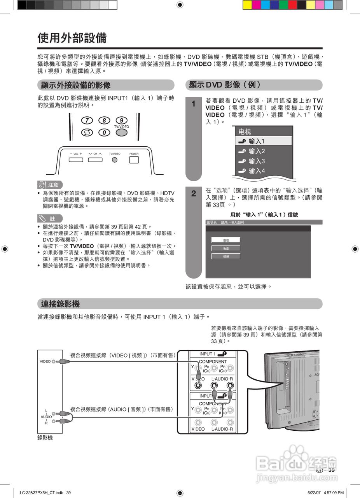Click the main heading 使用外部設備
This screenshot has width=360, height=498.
(x=72, y=38)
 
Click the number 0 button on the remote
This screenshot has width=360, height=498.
(x=104, y=133)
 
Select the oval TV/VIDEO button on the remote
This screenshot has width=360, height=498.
(x=121, y=132)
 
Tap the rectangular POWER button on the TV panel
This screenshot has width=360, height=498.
(x=134, y=160)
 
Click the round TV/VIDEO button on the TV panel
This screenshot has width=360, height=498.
(x=115, y=160)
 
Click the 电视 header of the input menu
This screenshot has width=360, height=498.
(x=245, y=132)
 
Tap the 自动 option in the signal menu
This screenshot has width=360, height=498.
(x=226, y=240)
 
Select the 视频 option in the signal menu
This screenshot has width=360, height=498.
(x=226, y=256)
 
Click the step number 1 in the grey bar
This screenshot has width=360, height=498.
(x=194, y=104)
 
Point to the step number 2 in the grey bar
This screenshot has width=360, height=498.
(x=194, y=193)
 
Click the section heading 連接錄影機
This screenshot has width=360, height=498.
(x=60, y=304)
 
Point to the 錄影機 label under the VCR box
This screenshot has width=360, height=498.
(x=45, y=438)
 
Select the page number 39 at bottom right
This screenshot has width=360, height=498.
(x=331, y=470)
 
